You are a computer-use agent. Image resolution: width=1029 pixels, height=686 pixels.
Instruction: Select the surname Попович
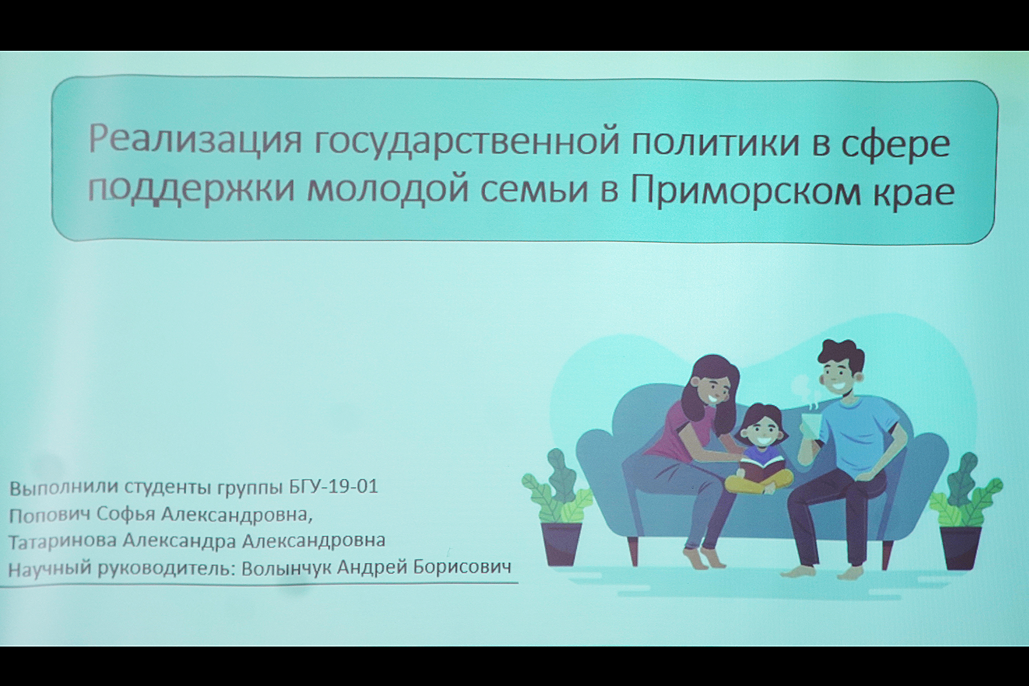(x=50, y=515)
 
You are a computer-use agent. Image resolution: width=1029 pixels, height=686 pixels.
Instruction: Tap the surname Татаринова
(x=63, y=540)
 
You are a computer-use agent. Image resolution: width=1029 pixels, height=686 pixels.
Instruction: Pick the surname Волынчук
(x=286, y=568)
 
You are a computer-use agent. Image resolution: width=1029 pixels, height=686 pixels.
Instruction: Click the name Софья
(x=126, y=515)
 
